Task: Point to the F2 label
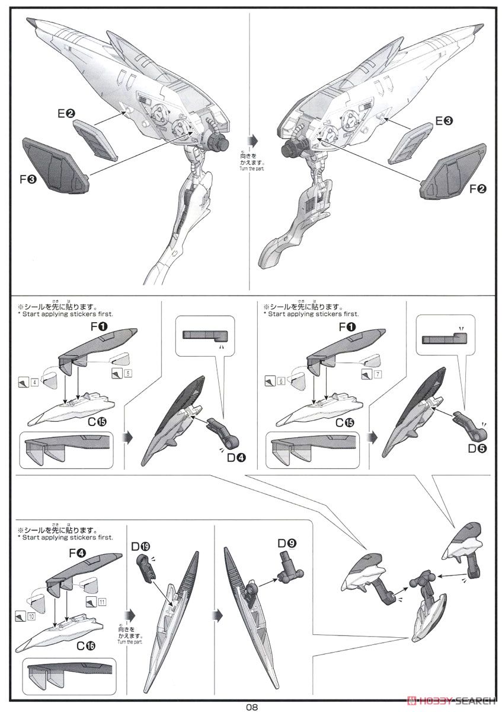(x=478, y=189)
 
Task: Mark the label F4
(x=77, y=553)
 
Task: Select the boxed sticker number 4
(x=35, y=383)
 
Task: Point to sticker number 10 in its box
(x=31, y=616)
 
